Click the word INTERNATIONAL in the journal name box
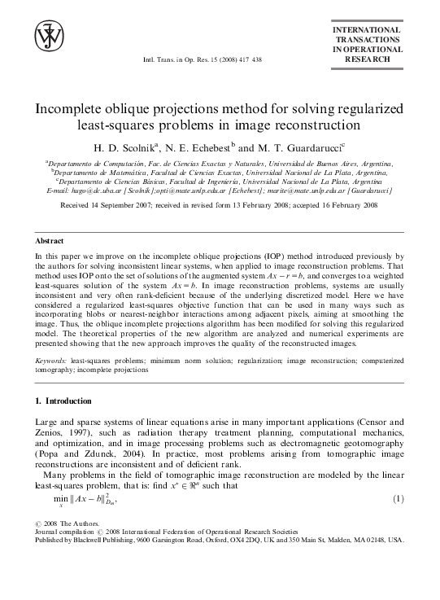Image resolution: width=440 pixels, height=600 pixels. click(x=367, y=30)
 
